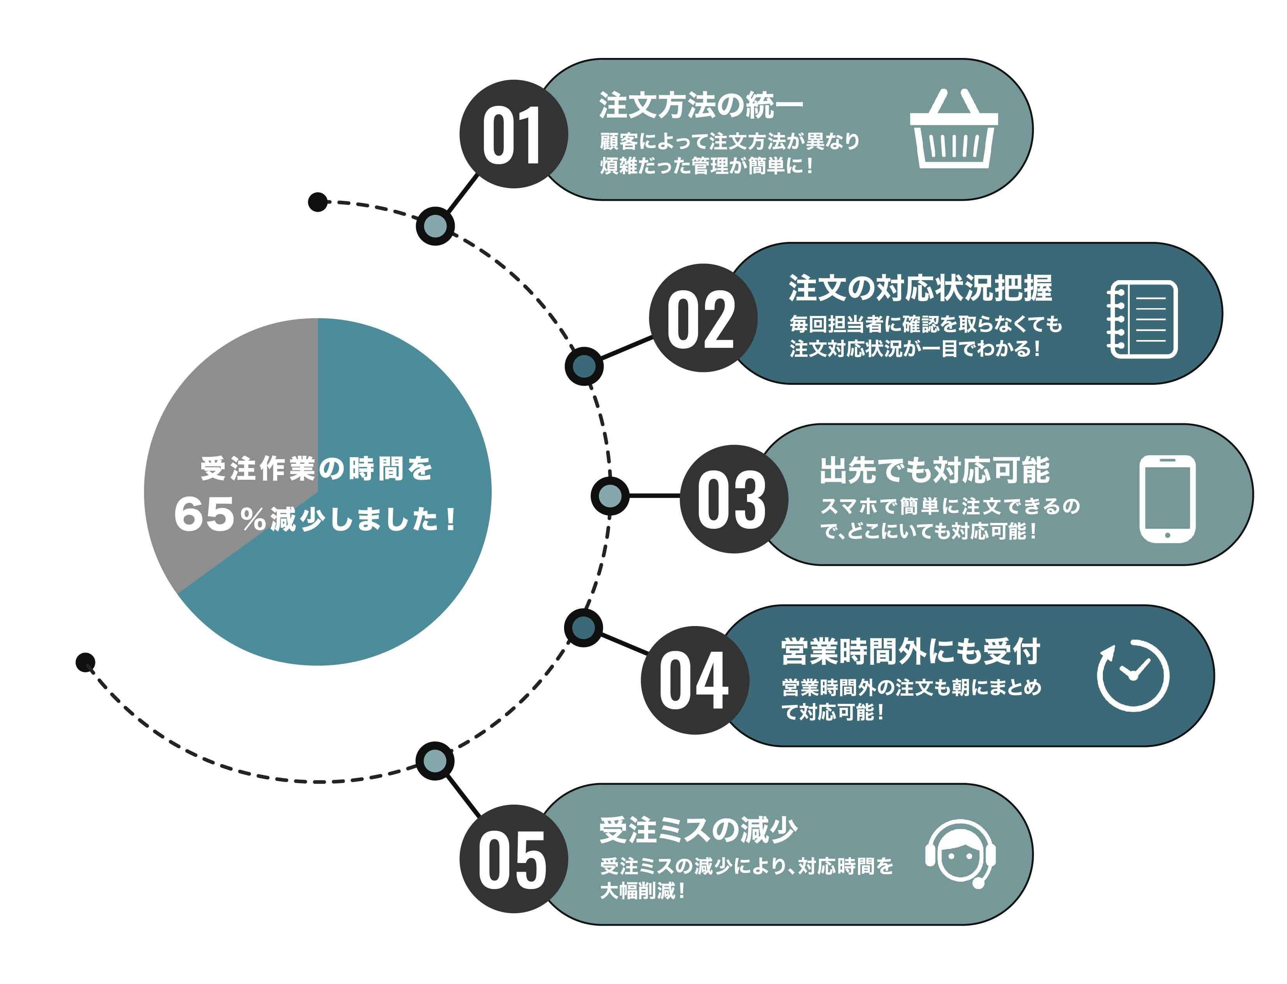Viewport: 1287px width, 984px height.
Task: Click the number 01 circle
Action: pos(513,134)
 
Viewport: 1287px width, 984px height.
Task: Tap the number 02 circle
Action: pos(703,318)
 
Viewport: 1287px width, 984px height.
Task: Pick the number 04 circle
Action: pos(694,680)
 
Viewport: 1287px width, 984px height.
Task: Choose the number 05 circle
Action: pos(513,859)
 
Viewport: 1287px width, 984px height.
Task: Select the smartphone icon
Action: pos(1167,499)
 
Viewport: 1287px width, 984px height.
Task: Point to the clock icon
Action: pos(1132,675)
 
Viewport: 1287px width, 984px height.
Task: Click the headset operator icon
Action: pos(960,853)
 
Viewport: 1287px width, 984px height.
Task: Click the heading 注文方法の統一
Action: pos(700,105)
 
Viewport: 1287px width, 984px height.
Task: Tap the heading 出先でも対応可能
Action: pos(934,470)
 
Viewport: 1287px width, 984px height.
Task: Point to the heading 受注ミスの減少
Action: pos(698,830)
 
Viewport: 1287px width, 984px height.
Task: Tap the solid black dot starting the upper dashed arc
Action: pos(318,202)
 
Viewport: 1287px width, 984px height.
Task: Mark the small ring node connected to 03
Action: pos(610,496)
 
